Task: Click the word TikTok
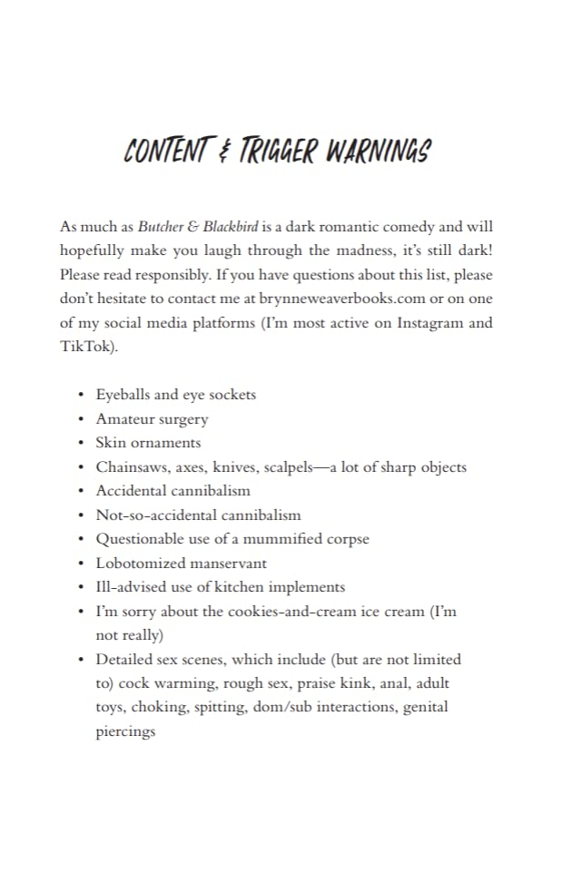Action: (82, 346)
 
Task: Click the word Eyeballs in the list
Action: (123, 395)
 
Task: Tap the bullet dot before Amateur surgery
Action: (81, 419)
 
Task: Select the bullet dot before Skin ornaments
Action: (81, 443)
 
